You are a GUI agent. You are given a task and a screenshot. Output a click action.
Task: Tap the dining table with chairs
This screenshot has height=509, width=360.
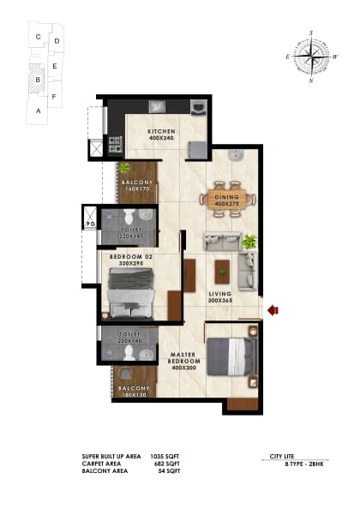click(228, 201)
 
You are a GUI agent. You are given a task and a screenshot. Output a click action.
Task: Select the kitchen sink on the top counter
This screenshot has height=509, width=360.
click(158, 107)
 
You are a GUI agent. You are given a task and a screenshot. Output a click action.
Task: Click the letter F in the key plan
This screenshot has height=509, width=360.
click(54, 97)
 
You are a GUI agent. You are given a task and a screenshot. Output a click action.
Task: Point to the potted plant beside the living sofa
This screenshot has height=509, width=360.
click(249, 243)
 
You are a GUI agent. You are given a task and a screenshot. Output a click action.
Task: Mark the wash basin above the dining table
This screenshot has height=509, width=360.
click(235, 156)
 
